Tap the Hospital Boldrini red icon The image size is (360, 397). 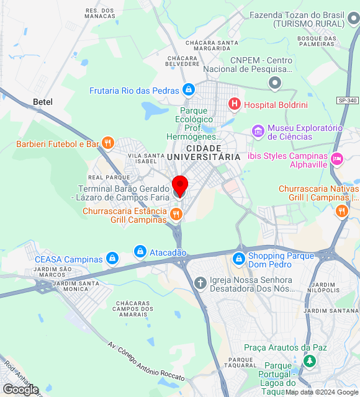235,104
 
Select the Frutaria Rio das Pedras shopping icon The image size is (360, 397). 188,91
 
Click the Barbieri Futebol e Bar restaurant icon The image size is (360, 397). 108,144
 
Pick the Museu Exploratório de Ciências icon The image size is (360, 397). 258,132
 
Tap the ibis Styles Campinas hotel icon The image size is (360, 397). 336,159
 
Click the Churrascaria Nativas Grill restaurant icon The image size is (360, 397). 341,212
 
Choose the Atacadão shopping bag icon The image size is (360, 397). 140,252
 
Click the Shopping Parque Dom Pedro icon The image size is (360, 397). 239,258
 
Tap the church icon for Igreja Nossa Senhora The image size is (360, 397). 200,283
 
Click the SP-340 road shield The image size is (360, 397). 348,100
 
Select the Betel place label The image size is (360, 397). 43,102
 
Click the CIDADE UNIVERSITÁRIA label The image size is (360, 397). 204,153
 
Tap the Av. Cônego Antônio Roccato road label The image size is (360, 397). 146,362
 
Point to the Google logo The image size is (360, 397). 20,389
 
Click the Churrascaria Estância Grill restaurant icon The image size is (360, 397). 176,215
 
